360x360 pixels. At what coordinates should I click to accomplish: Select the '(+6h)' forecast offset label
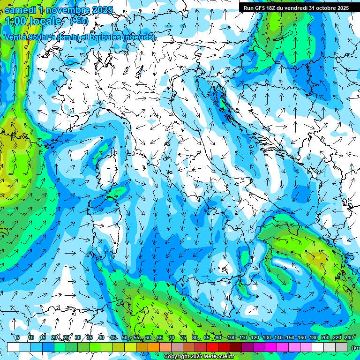point(79,21)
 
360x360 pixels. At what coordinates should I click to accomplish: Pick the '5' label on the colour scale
point(18,338)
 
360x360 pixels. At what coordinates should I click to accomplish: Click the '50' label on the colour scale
point(124,338)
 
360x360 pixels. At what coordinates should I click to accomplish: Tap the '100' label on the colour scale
point(231,338)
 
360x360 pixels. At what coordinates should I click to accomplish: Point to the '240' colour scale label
point(348,338)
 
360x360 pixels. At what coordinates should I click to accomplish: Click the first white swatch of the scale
point(13,347)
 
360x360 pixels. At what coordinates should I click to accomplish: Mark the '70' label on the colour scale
point(171,338)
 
